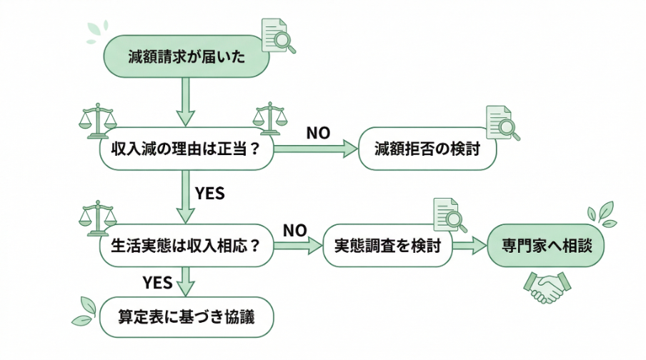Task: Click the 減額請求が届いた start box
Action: pos(187,56)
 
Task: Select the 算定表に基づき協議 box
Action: pos(187,316)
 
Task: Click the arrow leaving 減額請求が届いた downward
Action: pos(187,101)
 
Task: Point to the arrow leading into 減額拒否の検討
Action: pos(315,149)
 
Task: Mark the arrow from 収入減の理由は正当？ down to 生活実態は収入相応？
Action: pos(187,197)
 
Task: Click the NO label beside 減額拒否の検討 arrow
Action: pos(318,133)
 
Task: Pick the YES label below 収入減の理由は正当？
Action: pos(209,193)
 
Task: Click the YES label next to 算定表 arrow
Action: pos(157,282)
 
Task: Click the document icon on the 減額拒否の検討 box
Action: pos(502,123)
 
